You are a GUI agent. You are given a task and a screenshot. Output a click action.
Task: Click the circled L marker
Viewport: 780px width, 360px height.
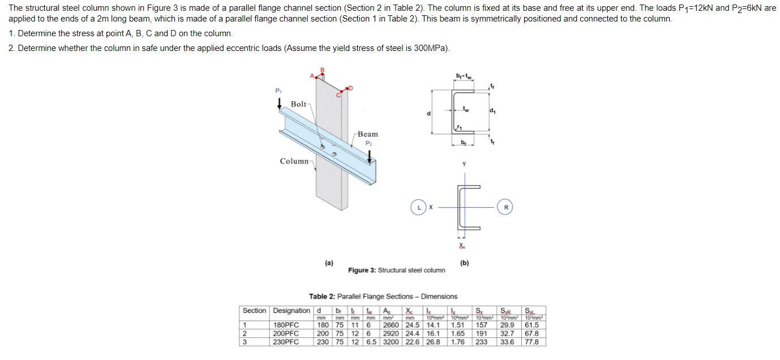(419, 207)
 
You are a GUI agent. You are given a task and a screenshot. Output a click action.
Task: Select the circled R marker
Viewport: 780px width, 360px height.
(506, 207)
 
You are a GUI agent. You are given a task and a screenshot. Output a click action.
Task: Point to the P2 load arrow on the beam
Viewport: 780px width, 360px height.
(370, 156)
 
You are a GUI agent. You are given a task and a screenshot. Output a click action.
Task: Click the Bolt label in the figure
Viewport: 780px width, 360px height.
(298, 104)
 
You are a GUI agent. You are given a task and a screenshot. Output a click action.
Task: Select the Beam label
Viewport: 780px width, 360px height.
(367, 134)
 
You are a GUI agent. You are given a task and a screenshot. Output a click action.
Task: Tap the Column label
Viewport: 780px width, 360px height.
(294, 161)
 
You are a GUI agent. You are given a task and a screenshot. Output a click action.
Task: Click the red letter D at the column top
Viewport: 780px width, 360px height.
(350, 87)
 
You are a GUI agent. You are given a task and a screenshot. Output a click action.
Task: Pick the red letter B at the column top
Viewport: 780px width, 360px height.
(323, 70)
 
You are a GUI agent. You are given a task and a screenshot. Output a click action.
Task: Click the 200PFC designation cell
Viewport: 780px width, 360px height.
(286, 333)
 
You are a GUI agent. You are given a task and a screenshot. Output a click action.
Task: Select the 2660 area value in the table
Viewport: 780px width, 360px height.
(391, 325)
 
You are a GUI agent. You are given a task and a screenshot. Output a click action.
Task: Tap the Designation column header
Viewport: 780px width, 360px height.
(292, 311)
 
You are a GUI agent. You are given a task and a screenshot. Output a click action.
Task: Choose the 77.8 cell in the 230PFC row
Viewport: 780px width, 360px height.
(532, 342)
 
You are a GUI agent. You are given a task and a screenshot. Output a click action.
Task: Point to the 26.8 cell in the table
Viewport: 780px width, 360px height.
(432, 342)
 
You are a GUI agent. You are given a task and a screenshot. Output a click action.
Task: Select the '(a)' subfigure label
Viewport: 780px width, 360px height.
(329, 263)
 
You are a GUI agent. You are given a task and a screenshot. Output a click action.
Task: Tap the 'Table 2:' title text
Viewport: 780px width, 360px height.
(322, 297)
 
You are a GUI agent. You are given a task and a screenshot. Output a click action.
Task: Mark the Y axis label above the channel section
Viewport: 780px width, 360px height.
(464, 164)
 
